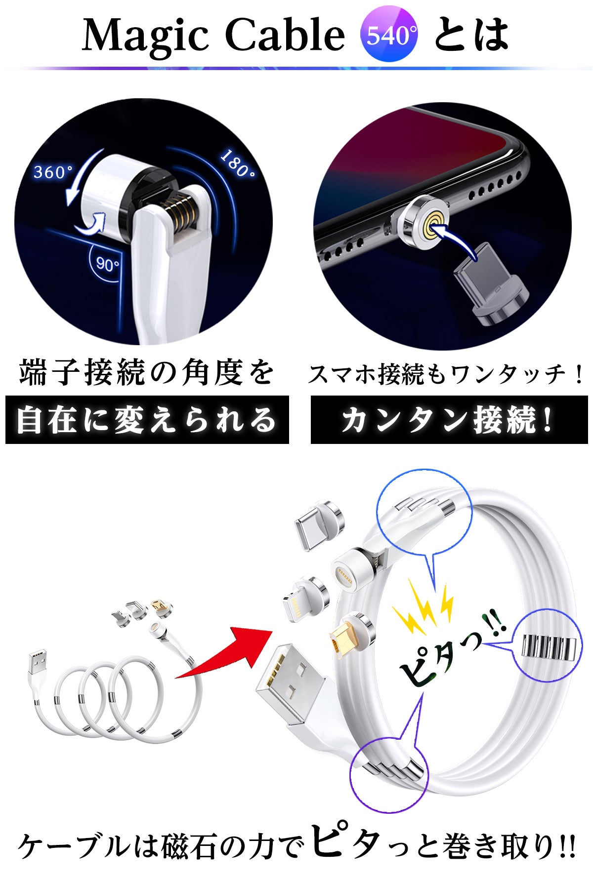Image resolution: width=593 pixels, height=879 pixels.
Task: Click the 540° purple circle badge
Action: coord(389,35)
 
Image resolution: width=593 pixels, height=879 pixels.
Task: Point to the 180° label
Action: coord(238,163)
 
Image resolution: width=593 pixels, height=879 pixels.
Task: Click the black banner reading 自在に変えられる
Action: coord(147,420)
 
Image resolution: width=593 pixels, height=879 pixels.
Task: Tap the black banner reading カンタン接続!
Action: coord(449,420)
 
